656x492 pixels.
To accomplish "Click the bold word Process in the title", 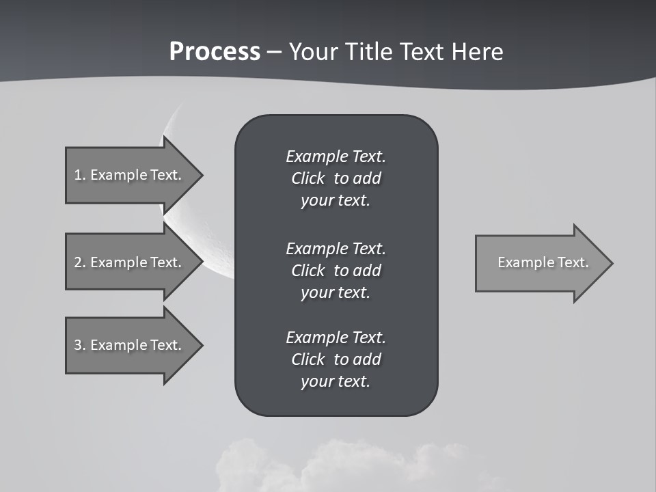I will pos(215,52).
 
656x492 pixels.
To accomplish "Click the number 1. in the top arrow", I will pos(80,175).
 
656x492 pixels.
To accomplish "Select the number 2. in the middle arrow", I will pos(80,262).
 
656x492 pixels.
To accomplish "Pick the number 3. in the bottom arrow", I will pos(80,345).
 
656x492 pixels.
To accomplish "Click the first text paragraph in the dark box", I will pos(336,178).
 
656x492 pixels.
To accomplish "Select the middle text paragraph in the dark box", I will pos(336,270).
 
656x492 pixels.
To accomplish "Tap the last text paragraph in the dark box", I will pos(336,359).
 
